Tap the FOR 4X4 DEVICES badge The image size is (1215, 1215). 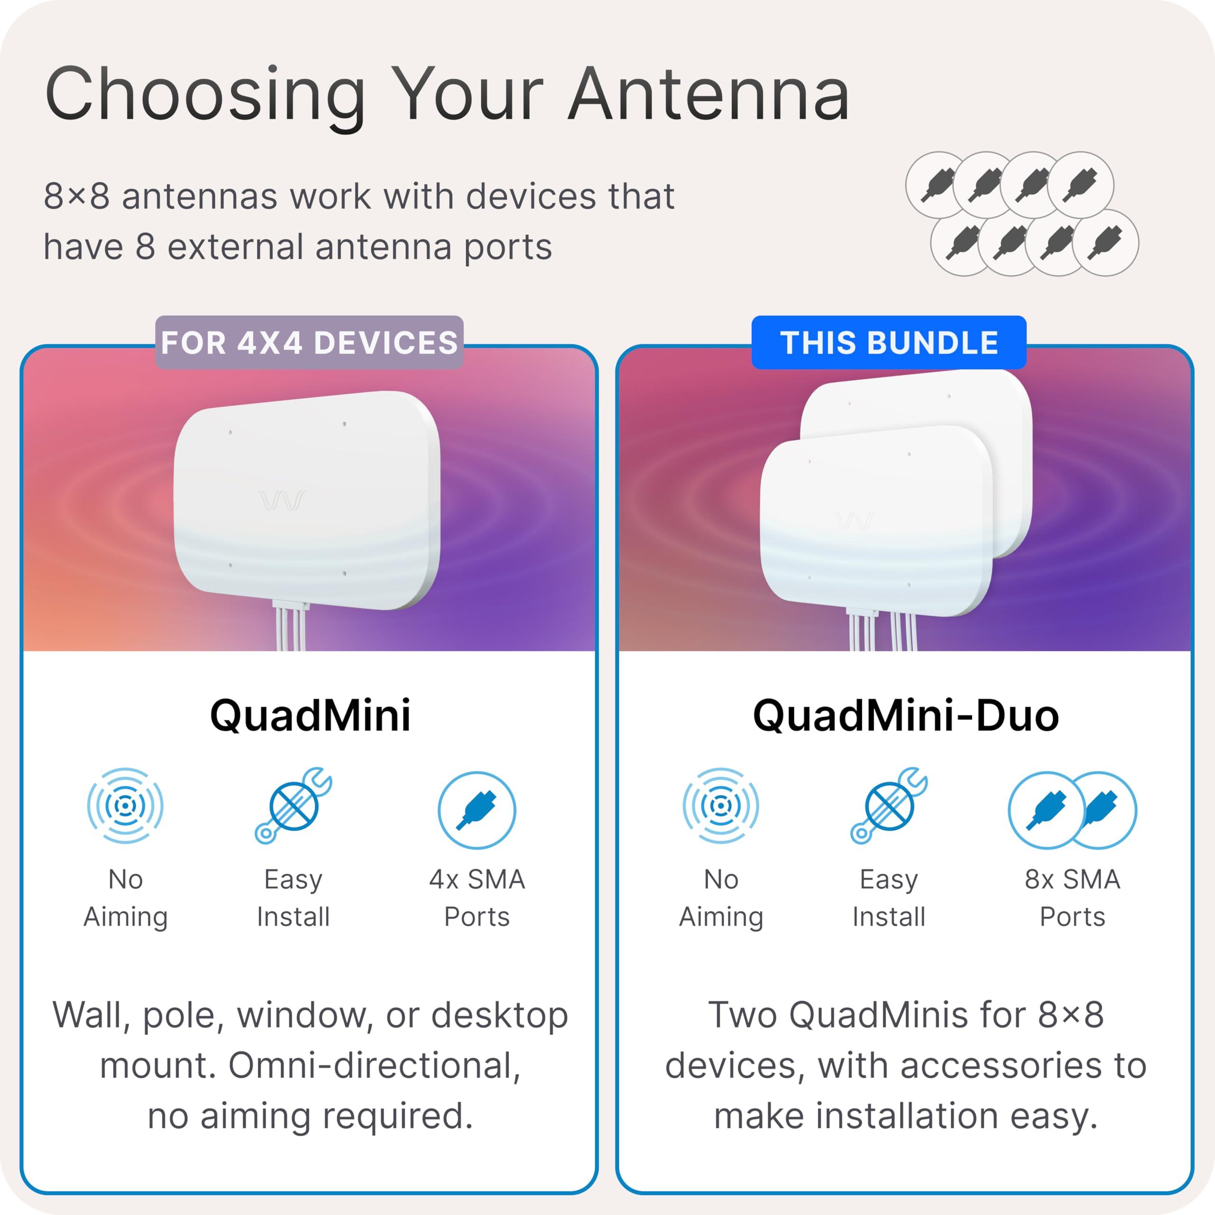tap(309, 343)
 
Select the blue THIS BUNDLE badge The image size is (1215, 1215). tap(888, 343)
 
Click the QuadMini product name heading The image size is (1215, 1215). tap(310, 716)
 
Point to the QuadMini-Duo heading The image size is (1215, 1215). tap(906, 716)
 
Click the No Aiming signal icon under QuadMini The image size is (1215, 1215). tap(125, 805)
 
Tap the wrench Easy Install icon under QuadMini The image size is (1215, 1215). tap(293, 805)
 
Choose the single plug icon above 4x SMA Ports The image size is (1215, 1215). tap(477, 810)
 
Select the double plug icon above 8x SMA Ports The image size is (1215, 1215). tap(1072, 810)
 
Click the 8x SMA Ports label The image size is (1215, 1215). tap(1072, 897)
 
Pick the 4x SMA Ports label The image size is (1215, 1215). tap(477, 897)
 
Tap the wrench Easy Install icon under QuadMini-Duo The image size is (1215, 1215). tap(888, 805)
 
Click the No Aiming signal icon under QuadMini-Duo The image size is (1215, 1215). tap(721, 805)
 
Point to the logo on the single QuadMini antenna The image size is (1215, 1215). tap(282, 501)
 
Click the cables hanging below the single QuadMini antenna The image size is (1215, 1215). tap(290, 629)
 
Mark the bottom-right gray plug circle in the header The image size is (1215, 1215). tap(1105, 243)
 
